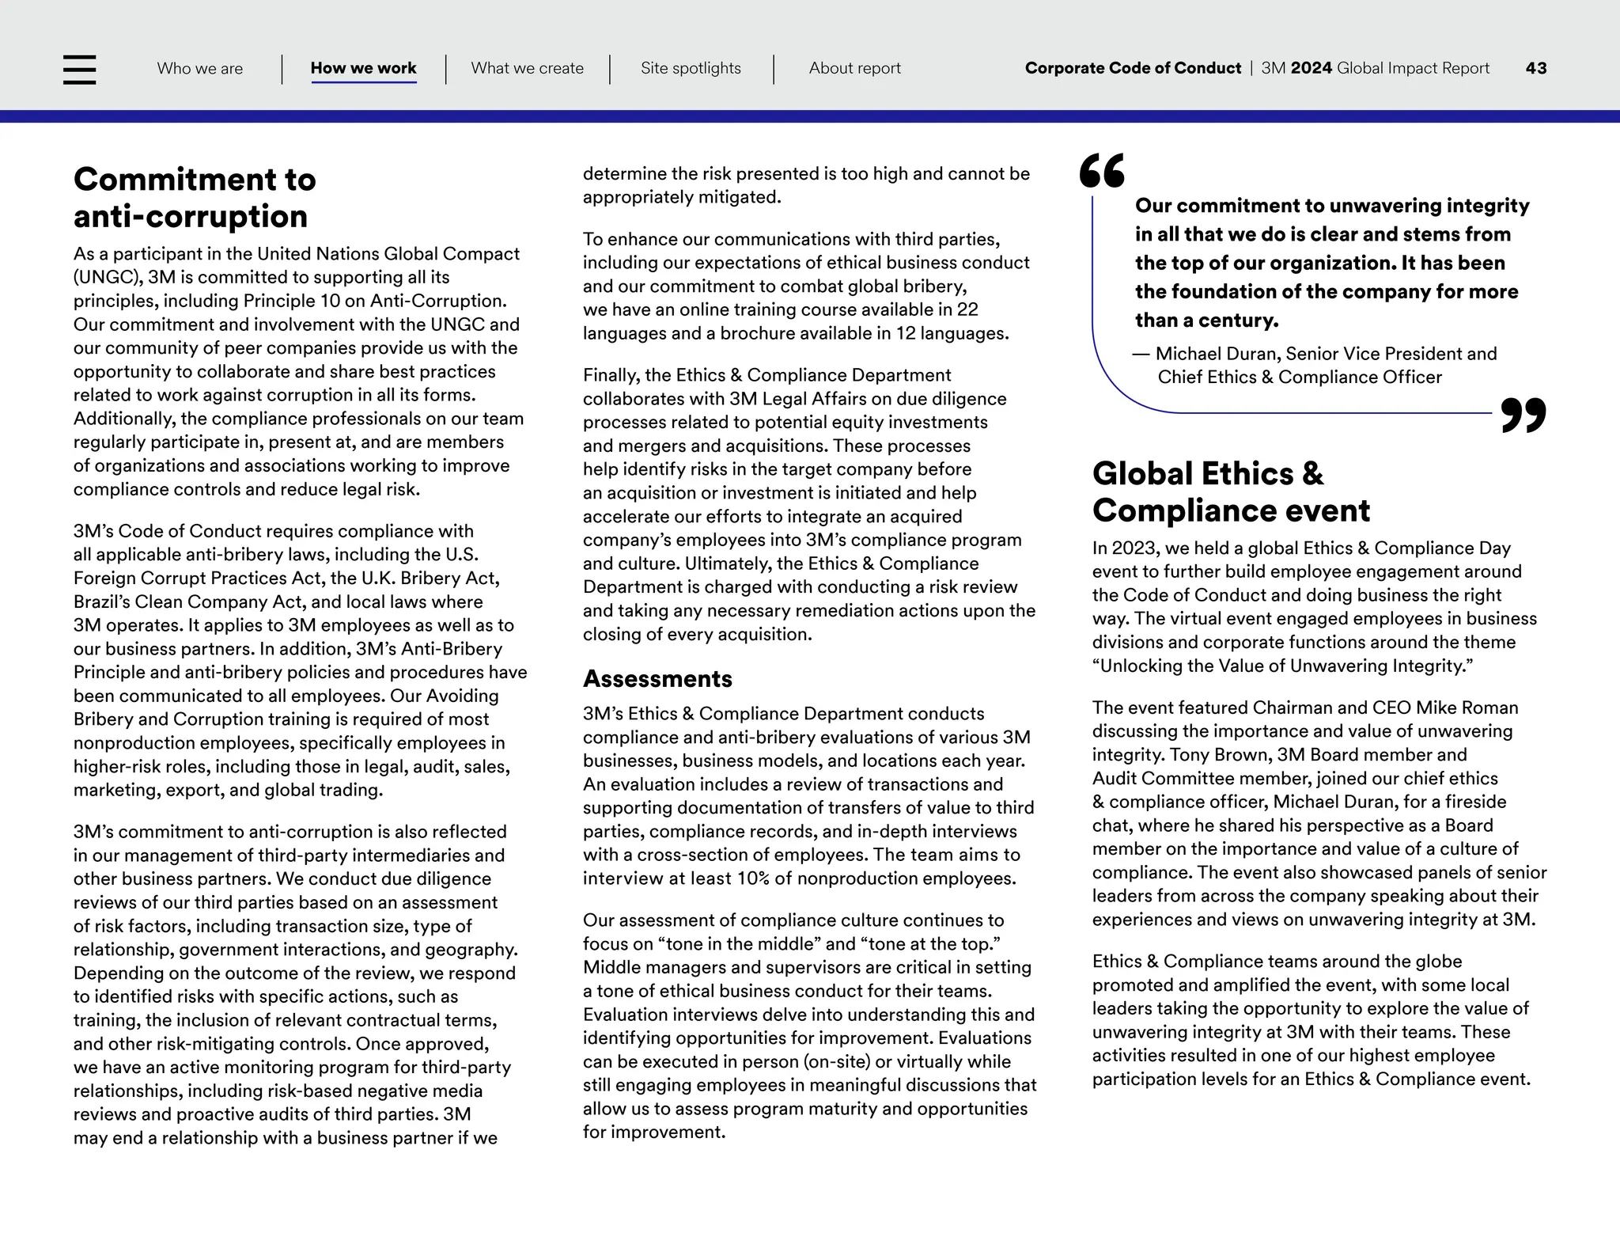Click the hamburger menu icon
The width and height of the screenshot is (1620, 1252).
79,70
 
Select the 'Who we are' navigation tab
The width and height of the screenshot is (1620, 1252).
199,68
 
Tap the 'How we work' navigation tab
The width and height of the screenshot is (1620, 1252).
363,68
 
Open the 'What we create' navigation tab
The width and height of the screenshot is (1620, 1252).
527,68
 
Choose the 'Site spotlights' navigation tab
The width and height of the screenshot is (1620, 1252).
691,68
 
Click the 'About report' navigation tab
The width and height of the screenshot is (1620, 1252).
854,68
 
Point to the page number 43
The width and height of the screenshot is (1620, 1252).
1535,68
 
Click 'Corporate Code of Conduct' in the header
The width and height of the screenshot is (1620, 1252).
1133,68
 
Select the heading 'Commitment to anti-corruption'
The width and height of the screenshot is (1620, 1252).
195,198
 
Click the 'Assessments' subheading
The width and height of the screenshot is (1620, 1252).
657,679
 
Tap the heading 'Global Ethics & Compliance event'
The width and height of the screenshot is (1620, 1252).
1230,492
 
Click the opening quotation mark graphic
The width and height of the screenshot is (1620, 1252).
1102,171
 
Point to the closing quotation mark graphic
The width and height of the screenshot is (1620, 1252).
1523,415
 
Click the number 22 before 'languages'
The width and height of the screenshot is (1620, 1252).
967,309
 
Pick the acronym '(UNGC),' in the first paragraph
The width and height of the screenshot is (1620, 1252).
108,278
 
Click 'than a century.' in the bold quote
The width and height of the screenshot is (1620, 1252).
1206,321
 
